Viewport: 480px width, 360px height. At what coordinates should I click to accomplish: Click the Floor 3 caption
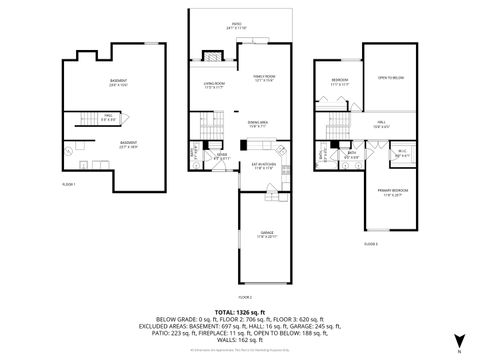[x=370, y=244]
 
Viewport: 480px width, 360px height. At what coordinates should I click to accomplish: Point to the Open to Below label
[x=390, y=77]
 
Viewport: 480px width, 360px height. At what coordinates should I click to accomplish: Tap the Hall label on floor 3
[x=380, y=125]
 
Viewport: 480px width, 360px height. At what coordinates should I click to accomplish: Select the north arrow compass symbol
[x=459, y=340]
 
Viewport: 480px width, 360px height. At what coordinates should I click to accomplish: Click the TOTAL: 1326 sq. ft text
[x=240, y=311]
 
